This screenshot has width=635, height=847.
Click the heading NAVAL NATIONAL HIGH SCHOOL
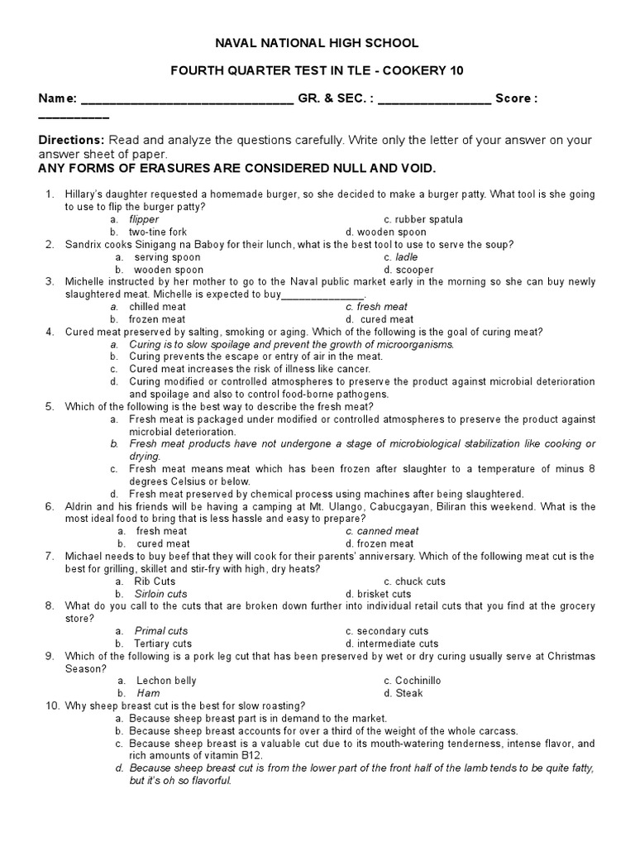coord(317,43)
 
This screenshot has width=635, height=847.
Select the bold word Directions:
coord(72,140)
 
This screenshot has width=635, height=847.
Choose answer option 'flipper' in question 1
coord(144,219)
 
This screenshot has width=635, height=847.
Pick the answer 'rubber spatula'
coord(429,219)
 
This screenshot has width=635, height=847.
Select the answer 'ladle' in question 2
coord(407,257)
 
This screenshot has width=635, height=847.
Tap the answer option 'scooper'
coord(403,270)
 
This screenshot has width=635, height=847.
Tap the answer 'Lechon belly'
coord(166,681)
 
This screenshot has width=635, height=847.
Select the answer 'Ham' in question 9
coord(148,693)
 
